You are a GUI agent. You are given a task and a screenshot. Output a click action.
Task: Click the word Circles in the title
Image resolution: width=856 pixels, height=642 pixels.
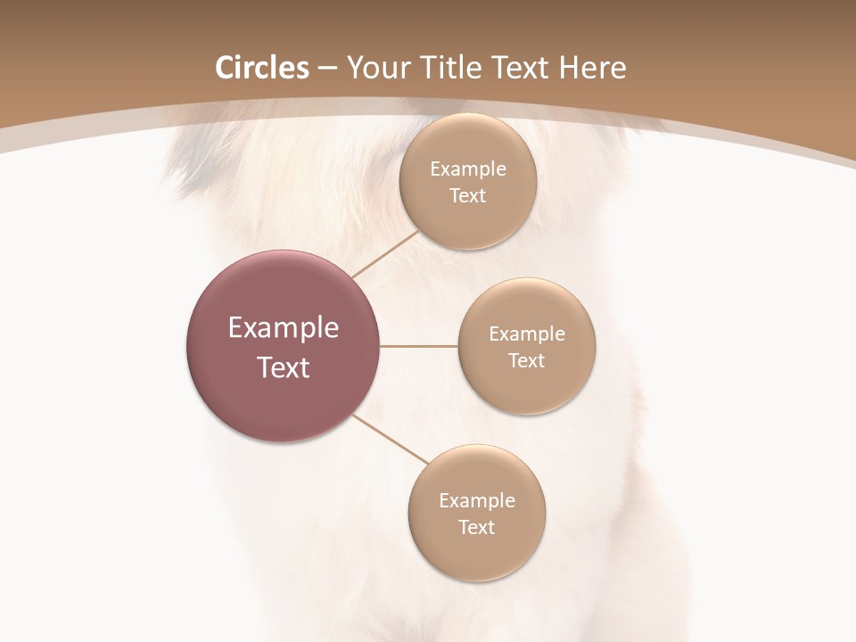coord(261,68)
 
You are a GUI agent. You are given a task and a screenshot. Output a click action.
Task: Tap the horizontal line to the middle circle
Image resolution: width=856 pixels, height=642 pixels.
coord(418,346)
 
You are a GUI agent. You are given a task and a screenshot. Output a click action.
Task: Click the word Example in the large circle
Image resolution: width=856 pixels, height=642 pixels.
coord(284,328)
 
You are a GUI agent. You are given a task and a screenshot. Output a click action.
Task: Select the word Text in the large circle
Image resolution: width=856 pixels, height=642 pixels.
coord(284,367)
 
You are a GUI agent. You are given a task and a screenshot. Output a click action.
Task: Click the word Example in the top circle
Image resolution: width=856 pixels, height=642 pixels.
coord(467,169)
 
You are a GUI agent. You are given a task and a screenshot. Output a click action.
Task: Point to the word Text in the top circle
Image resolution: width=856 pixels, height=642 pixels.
coord(467,196)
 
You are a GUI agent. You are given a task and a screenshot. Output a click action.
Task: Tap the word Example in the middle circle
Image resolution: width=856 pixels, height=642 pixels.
coord(526,334)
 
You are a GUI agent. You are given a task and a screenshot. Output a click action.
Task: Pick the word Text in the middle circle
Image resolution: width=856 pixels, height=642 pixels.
coord(526,361)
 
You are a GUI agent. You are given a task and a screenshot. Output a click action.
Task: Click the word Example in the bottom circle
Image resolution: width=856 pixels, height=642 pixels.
coord(476,501)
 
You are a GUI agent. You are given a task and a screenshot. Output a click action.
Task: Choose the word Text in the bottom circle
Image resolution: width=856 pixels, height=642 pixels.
coord(476,528)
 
